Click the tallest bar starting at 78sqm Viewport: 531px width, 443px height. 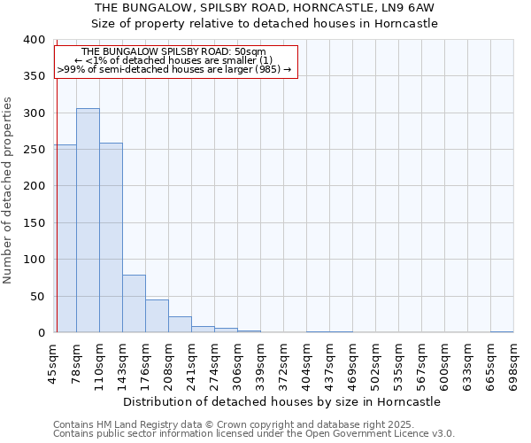88,221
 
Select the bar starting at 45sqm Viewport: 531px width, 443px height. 65,238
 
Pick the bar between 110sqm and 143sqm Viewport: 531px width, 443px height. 111,237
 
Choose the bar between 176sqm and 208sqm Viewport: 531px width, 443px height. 157,316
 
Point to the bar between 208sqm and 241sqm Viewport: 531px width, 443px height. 180,324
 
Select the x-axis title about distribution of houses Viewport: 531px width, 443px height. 281,401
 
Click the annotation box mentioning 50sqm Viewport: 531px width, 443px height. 174,60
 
